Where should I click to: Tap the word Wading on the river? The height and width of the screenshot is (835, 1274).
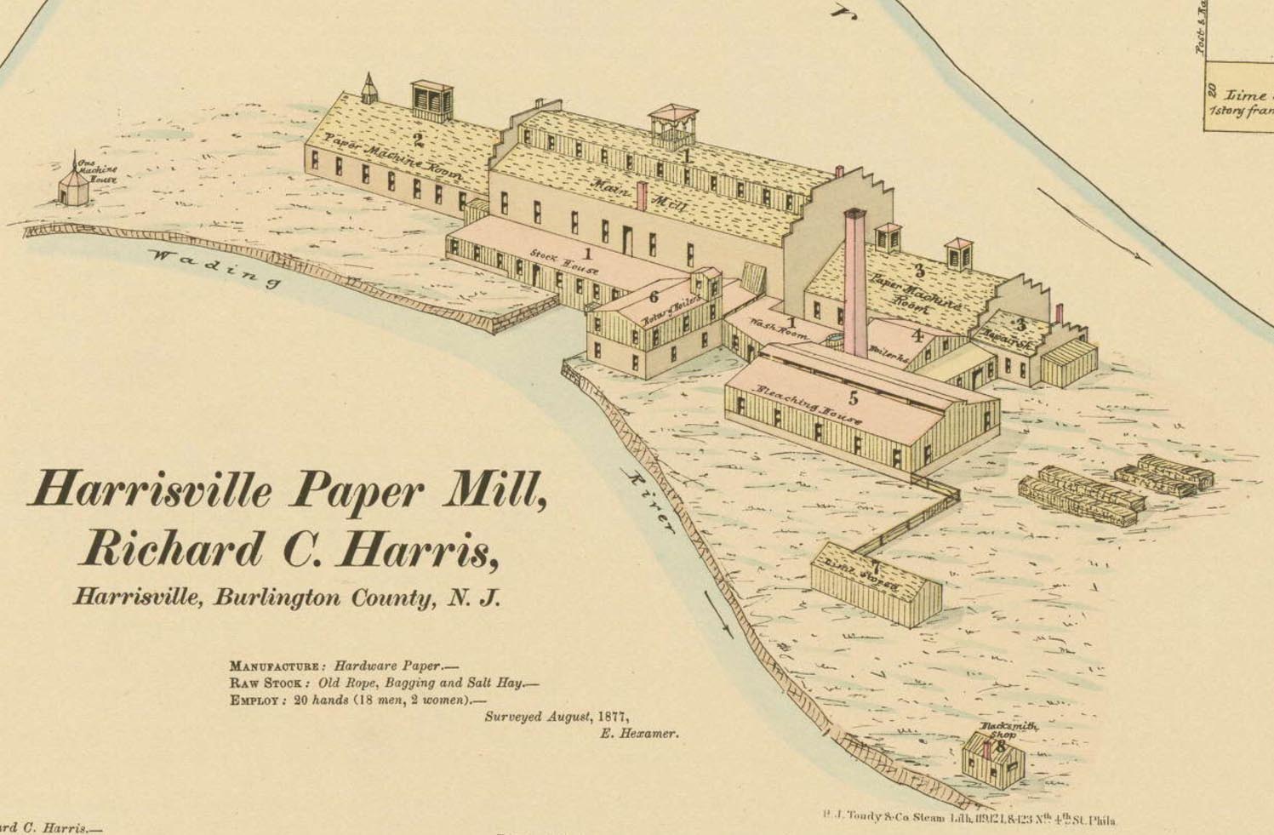213,266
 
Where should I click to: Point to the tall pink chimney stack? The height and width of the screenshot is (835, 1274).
855,281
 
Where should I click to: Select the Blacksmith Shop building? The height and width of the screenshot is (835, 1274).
992,760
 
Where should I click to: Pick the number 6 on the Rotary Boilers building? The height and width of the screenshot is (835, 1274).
654,297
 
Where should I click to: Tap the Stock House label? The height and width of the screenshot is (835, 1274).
564,261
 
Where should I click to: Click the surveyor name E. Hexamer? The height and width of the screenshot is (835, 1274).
639,734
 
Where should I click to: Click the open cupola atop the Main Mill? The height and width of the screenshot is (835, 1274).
673,125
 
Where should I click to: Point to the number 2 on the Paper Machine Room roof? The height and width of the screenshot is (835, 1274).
417,140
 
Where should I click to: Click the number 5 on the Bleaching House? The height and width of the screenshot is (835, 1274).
854,397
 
